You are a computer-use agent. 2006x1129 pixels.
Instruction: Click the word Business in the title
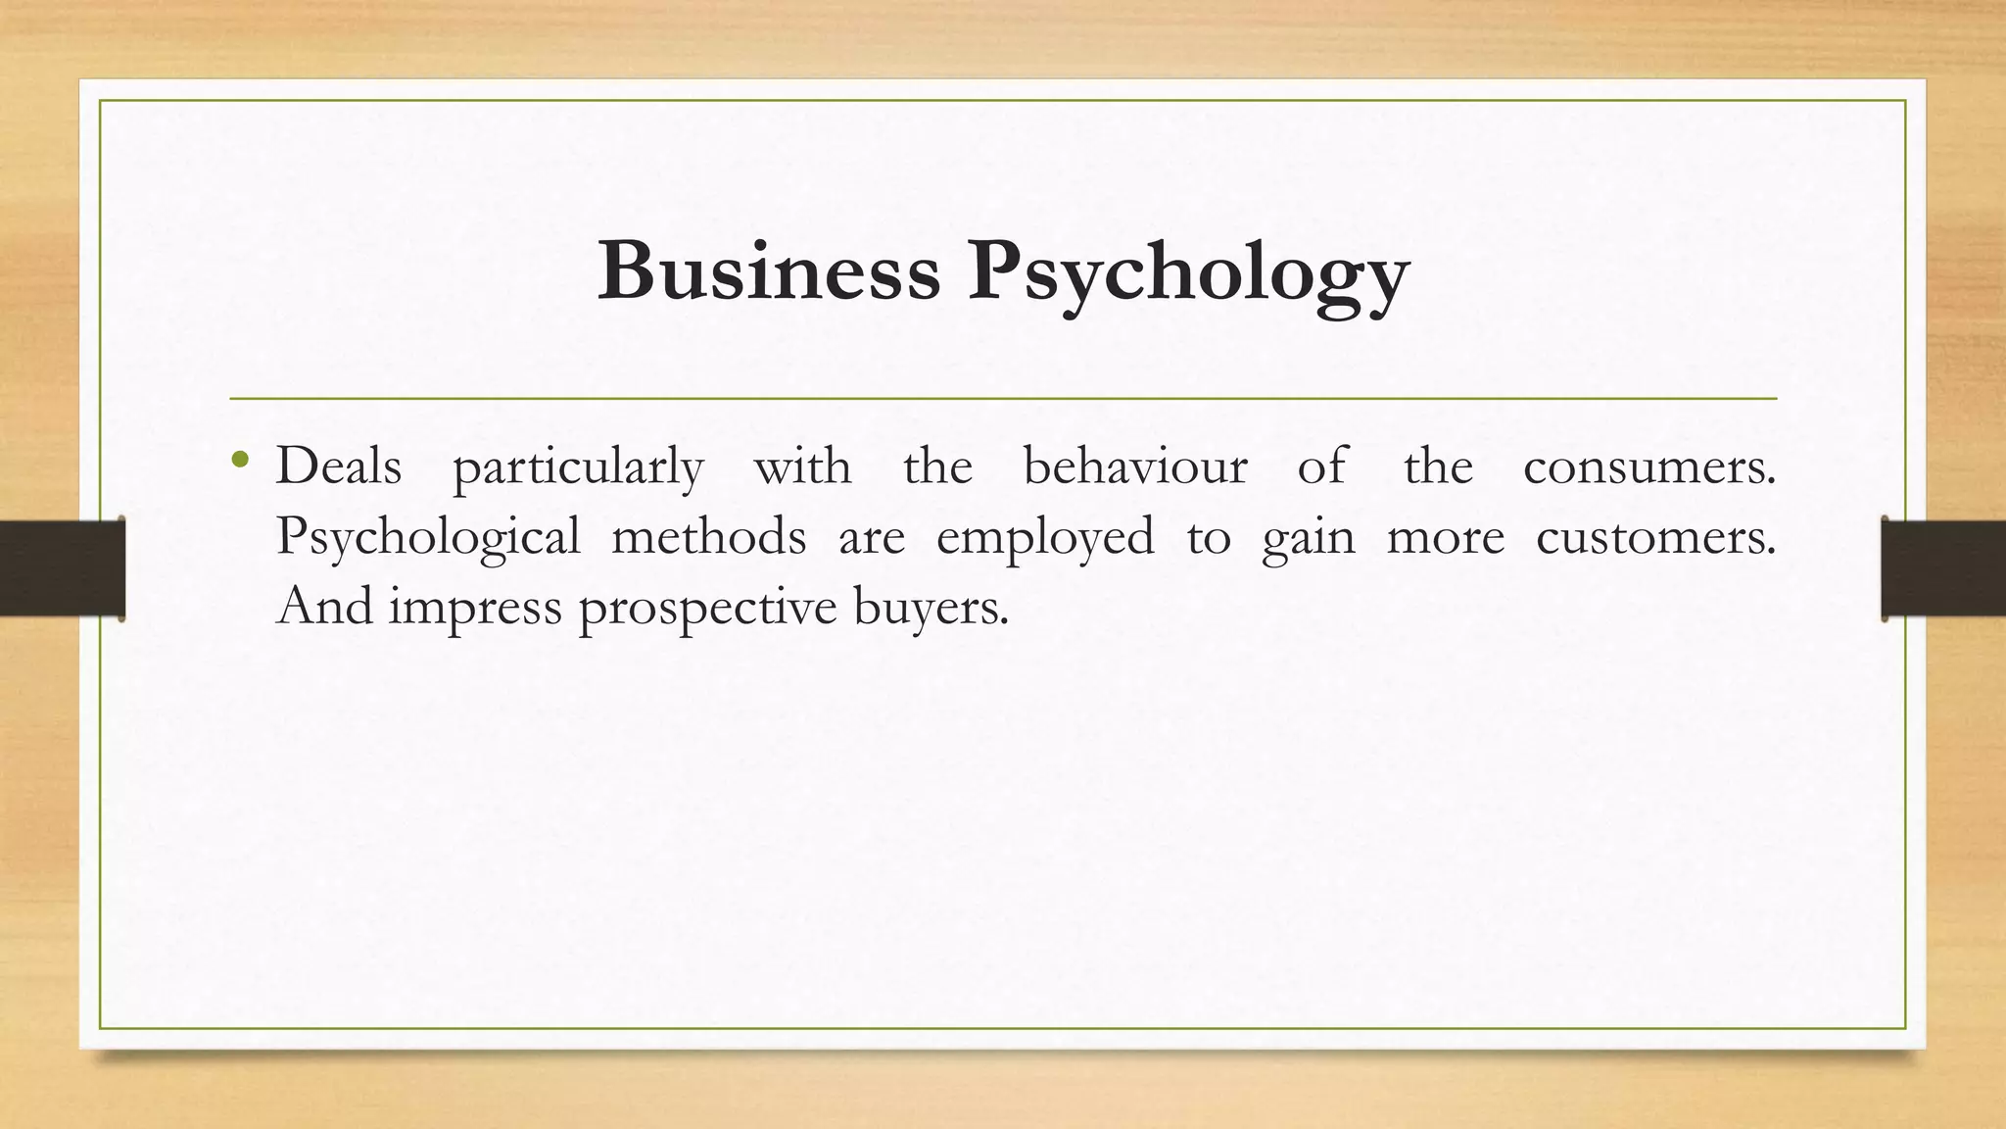click(x=769, y=270)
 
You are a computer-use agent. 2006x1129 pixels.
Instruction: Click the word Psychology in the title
click(x=1189, y=274)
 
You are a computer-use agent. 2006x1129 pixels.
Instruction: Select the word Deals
click(x=339, y=466)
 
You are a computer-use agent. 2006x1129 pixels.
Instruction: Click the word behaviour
click(x=1135, y=466)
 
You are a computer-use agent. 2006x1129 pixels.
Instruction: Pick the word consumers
click(x=1648, y=467)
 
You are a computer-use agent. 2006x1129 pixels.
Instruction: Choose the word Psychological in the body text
click(x=428, y=538)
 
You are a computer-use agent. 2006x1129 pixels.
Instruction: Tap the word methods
click(x=709, y=536)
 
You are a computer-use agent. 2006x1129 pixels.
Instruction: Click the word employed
click(x=1045, y=538)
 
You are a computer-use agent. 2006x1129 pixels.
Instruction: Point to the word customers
click(x=1654, y=537)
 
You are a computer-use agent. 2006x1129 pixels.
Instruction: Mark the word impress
click(x=476, y=609)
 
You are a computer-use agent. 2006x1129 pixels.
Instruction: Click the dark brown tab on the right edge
click(x=1943, y=568)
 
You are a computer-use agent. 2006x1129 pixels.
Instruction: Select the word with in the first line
click(x=802, y=466)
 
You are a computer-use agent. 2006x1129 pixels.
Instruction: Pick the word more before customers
click(x=1446, y=538)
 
